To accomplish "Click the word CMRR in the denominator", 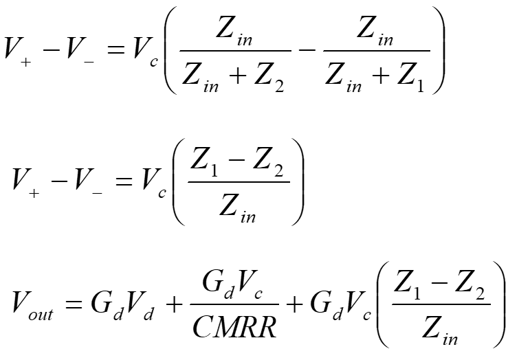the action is click(234, 326).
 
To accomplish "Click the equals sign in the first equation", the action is click(115, 51).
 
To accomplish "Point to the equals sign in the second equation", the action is click(124, 181).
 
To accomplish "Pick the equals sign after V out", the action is click(73, 304).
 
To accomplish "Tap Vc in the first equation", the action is click(146, 52).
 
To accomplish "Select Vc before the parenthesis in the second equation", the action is click(153, 183).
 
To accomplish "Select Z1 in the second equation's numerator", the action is click(204, 163).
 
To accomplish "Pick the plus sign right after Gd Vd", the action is click(174, 305).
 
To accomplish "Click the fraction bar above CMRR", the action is click(234, 304).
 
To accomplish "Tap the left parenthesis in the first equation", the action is click(170, 50).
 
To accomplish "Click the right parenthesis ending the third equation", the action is click(498, 304).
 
